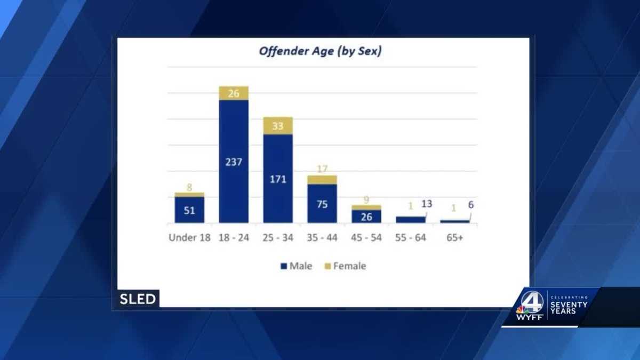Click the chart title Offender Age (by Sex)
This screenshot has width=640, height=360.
tap(320, 52)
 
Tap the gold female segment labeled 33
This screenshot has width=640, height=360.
tap(278, 126)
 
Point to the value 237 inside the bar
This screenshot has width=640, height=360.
tap(234, 162)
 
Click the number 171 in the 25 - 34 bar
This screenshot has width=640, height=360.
tap(278, 179)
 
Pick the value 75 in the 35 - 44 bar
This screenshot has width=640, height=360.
tap(322, 204)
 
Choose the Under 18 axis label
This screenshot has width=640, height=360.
tap(190, 238)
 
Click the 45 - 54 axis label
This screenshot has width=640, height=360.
tap(366, 238)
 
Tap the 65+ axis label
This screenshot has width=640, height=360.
tap(455, 238)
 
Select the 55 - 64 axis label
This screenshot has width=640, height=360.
tap(411, 238)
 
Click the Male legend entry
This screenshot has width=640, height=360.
tap(297, 266)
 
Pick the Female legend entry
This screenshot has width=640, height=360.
tap(345, 266)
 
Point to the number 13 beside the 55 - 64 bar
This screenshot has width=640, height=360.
tap(427, 204)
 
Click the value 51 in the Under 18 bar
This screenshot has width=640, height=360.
tap(189, 210)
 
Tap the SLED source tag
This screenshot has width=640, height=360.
tap(138, 299)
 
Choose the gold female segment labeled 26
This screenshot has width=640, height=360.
tap(234, 93)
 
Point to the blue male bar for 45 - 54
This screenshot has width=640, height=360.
tap(366, 216)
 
